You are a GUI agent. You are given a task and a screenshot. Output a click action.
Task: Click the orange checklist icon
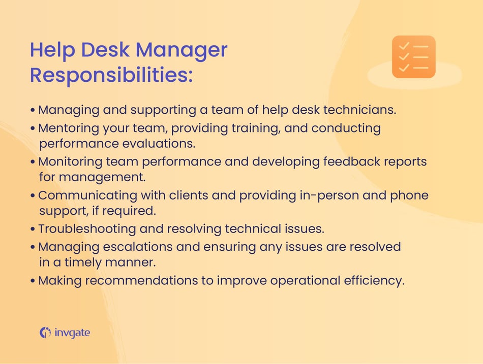pyautogui.click(x=413, y=57)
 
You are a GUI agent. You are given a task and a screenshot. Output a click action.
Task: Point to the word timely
pyautogui.click(x=88, y=263)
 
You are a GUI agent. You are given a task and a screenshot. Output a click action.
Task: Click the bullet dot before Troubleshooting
pyautogui.click(x=33, y=229)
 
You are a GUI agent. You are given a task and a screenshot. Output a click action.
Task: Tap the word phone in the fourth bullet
pyautogui.click(x=409, y=195)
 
